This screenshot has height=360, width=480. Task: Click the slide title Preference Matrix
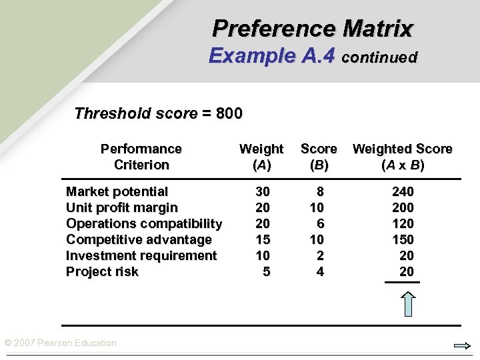(x=313, y=29)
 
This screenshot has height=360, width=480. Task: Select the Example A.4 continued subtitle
(x=313, y=56)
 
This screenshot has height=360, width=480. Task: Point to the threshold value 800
(x=229, y=113)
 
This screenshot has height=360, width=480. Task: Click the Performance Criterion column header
(x=141, y=157)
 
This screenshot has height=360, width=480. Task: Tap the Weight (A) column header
(x=261, y=157)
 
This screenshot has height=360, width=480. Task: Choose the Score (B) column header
(x=319, y=157)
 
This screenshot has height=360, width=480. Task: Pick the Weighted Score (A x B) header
(x=402, y=157)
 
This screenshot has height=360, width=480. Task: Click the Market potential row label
(x=117, y=192)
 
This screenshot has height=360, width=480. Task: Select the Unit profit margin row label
(x=121, y=208)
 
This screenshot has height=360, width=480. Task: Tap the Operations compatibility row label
(x=144, y=224)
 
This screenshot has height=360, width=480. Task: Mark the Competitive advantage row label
(x=139, y=240)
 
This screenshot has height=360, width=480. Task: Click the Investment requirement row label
(x=141, y=256)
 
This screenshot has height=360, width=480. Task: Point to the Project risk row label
(x=102, y=272)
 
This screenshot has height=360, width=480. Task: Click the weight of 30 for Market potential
(x=263, y=192)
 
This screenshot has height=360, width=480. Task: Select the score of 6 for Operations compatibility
(x=320, y=224)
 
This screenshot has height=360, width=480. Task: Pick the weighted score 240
(x=403, y=192)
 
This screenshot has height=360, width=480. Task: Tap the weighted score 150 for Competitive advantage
(x=403, y=240)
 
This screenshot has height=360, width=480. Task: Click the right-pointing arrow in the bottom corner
(x=462, y=346)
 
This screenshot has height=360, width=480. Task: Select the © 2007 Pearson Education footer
(x=60, y=343)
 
